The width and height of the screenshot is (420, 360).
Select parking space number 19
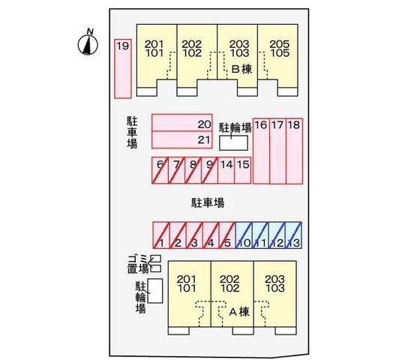(122, 68)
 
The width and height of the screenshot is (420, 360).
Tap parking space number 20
(182, 123)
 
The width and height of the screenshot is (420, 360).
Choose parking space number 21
(182, 139)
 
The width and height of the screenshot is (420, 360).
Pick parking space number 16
(261, 150)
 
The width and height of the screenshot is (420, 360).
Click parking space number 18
(294, 150)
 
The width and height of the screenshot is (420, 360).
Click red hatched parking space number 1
(160, 235)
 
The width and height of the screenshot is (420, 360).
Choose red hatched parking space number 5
(226, 235)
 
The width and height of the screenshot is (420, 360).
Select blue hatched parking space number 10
(243, 235)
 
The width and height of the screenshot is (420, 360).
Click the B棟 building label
(240, 69)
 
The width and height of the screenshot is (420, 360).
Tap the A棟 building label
(238, 310)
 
